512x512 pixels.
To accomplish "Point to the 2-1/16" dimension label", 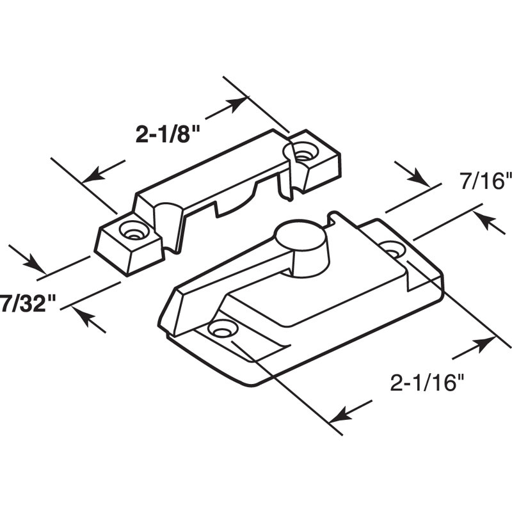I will point(426,383).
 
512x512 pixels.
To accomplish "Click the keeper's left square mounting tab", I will point(128,243).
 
